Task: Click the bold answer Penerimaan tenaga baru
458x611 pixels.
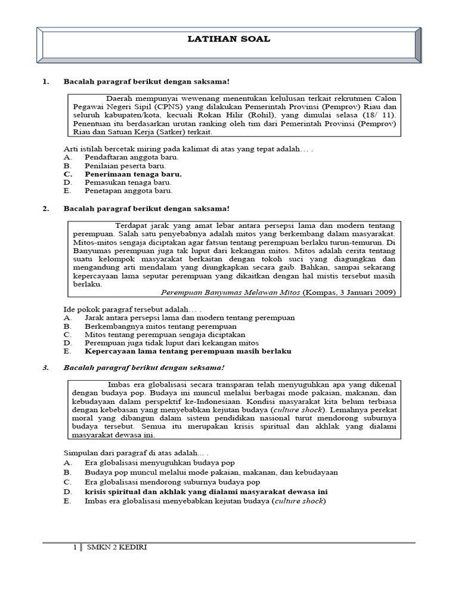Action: coord(133,174)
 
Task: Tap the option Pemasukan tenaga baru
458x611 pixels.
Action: coord(128,182)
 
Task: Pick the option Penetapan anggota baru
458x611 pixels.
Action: coord(128,191)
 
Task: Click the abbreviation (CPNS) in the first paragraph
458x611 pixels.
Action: coord(172,106)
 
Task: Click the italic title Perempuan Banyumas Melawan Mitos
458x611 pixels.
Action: coord(231,293)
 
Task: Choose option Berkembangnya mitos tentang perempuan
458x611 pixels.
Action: coord(160,326)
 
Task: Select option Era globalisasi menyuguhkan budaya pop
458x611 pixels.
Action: coord(160,462)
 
